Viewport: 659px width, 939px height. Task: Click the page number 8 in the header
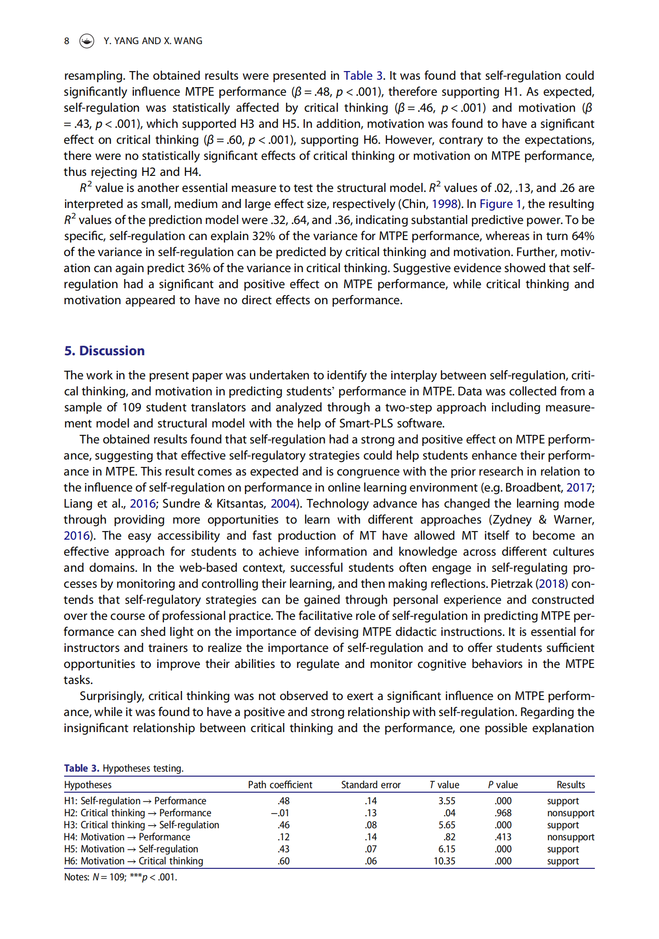click(67, 41)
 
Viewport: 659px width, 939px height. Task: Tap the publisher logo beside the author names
click(87, 41)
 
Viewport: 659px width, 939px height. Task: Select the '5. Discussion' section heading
click(104, 351)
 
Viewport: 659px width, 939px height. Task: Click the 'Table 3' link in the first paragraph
click(363, 76)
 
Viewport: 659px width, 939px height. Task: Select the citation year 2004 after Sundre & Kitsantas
click(283, 504)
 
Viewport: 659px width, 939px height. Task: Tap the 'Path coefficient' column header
click(280, 785)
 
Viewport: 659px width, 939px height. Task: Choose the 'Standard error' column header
click(371, 785)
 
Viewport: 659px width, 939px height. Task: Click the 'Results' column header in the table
click(571, 785)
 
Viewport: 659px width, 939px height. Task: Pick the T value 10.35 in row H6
click(445, 861)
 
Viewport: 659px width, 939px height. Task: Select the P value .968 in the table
click(503, 813)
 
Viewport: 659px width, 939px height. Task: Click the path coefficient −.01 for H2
click(280, 813)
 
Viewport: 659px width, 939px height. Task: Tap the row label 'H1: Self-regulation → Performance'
click(135, 801)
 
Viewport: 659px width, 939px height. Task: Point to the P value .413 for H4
click(503, 837)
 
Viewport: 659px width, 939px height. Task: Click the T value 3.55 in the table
click(447, 801)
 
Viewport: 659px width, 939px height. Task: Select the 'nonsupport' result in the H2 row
click(570, 813)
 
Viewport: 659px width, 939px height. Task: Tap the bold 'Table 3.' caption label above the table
click(82, 768)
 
